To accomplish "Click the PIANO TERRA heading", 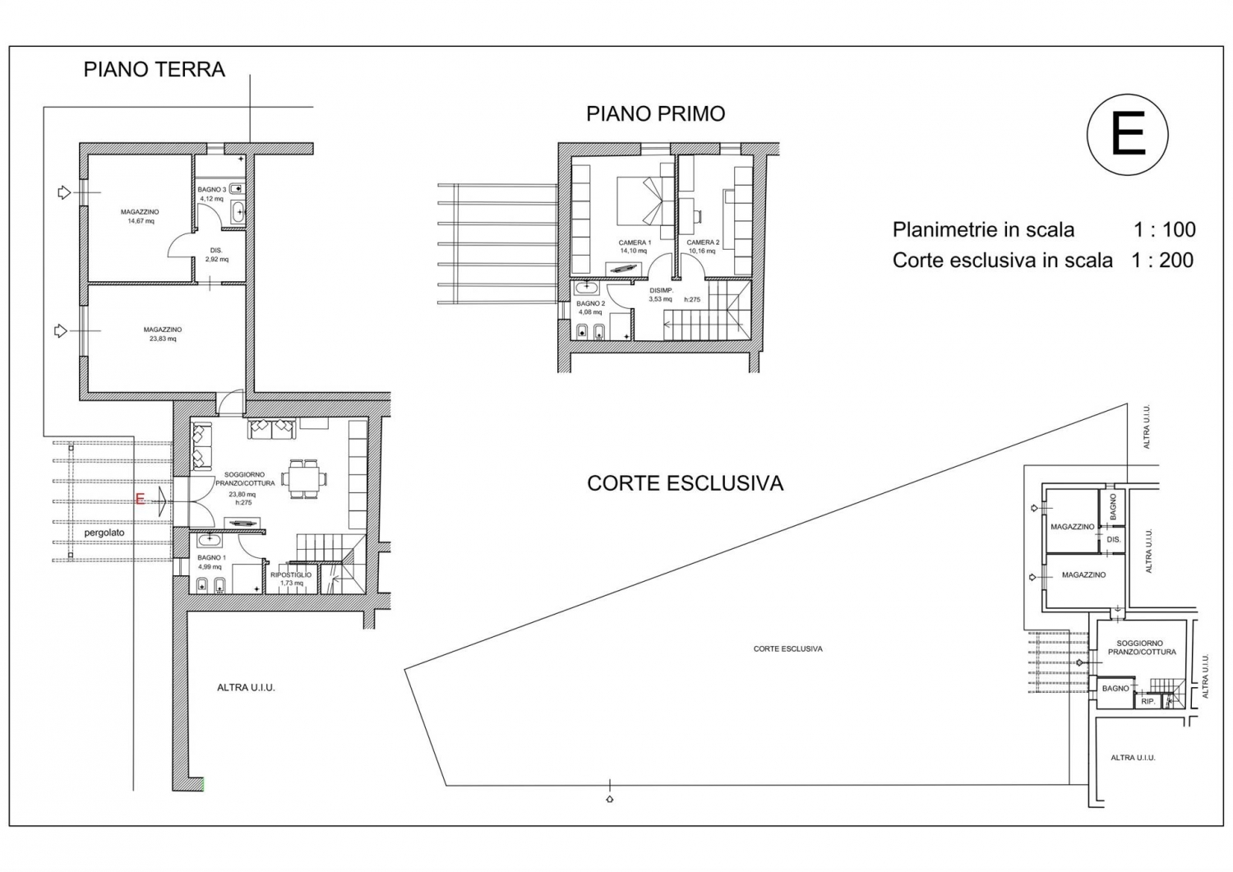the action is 155,69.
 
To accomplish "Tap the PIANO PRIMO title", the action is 656,114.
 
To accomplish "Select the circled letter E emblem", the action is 1127,134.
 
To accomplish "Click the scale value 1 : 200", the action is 1162,260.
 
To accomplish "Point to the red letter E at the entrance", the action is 140,500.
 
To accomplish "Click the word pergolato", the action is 104,533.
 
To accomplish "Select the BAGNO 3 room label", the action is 212,189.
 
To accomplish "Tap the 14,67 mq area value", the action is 141,221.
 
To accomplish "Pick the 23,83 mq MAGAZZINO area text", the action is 163,339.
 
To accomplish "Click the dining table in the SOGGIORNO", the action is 302,479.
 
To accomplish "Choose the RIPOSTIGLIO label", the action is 291,574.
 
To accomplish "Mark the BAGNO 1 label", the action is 212,558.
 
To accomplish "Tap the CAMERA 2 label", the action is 703,242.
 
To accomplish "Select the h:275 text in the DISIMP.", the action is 692,300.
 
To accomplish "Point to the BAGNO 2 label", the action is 591,303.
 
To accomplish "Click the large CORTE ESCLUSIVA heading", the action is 686,483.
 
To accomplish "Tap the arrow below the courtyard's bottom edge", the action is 609,799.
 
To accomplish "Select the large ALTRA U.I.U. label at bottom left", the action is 246,688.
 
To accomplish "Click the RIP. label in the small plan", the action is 1148,702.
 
